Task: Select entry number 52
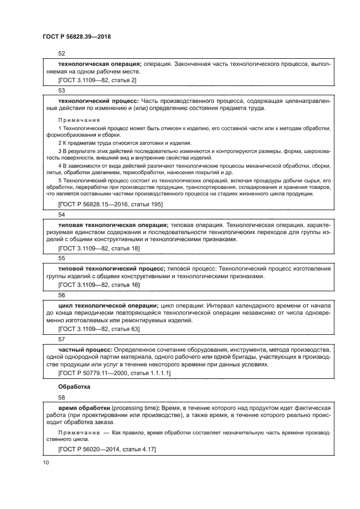(x=62, y=53)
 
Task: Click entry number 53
(x=62, y=90)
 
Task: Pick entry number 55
(x=62, y=257)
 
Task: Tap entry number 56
(x=62, y=295)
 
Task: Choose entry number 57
(x=62, y=338)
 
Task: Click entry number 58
(x=62, y=398)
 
